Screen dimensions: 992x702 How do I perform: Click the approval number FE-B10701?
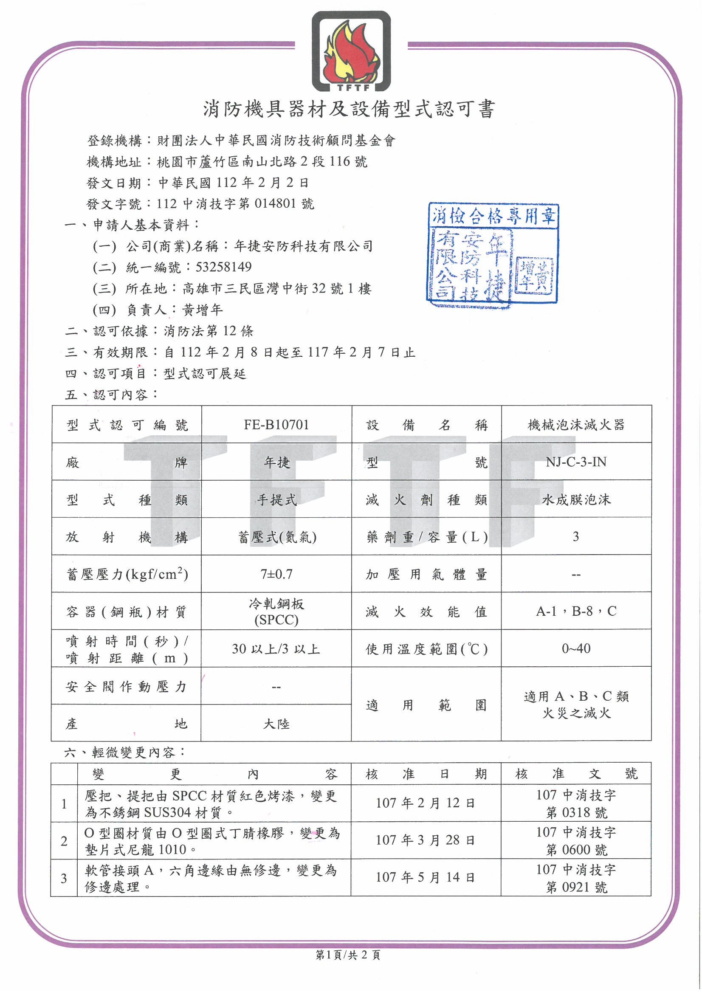276,425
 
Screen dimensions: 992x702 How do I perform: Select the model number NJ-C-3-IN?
576,462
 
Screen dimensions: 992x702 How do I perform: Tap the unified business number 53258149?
223,267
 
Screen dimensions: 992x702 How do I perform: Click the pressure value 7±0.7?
276,574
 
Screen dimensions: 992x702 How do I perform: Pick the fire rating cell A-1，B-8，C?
576,611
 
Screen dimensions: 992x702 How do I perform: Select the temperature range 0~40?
576,648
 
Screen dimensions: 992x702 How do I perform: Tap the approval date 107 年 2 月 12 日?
426,803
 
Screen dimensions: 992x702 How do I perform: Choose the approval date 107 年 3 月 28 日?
426,840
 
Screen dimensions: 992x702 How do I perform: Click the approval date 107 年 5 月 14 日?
426,877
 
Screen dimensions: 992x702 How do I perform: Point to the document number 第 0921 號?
576,888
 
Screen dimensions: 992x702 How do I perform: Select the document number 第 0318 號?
576,813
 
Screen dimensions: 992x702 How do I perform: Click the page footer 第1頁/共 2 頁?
348,955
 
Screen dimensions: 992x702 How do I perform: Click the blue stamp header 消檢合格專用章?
493,215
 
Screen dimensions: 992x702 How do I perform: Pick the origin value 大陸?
276,724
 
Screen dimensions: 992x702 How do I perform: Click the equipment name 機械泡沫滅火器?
576,425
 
